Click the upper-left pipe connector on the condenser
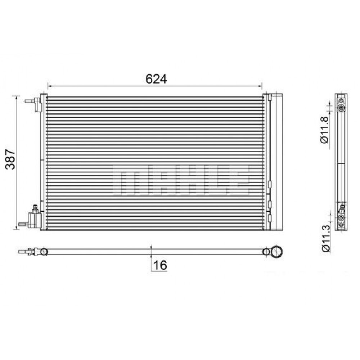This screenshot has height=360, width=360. tap(34, 103)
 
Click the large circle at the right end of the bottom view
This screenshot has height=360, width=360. tap(278, 251)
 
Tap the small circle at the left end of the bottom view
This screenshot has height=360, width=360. tap(43, 251)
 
